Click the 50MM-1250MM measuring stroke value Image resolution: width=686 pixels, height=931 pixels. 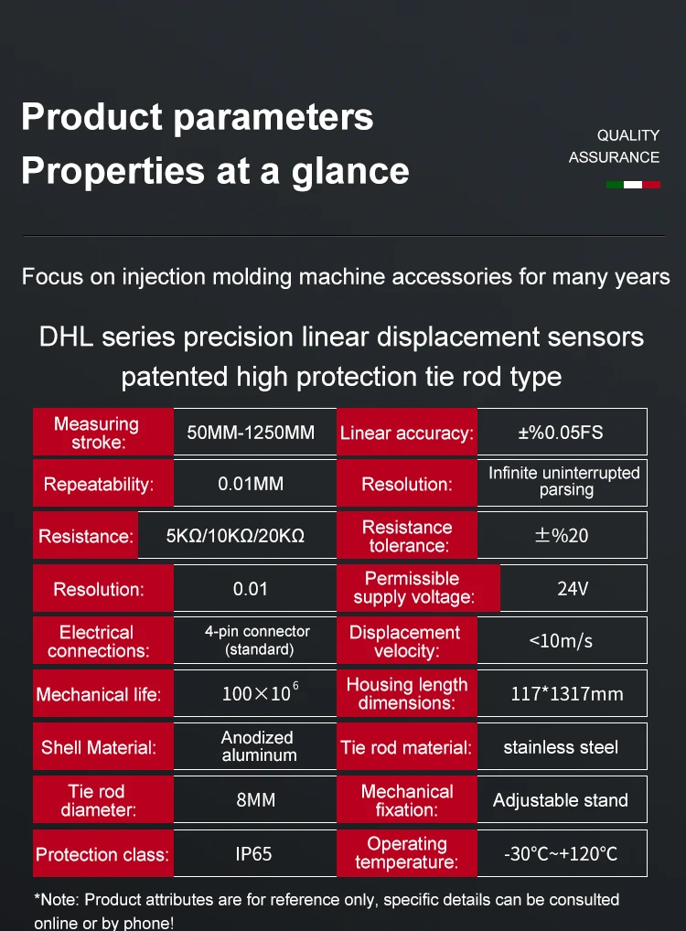click(x=251, y=433)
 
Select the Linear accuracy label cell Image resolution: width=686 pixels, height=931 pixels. click(x=407, y=433)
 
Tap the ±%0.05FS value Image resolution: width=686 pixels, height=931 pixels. click(x=561, y=433)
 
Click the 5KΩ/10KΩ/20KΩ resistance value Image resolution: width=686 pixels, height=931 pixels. click(x=236, y=536)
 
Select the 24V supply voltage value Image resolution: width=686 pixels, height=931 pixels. click(x=573, y=588)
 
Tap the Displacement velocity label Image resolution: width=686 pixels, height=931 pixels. click(x=405, y=641)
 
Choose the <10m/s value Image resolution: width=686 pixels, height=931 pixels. click(x=561, y=640)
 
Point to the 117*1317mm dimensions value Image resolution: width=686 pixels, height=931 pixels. click(x=566, y=693)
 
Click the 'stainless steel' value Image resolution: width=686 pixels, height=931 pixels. click(x=561, y=747)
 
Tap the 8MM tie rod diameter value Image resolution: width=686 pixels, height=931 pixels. click(x=255, y=800)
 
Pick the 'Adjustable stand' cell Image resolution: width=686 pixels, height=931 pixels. click(x=561, y=800)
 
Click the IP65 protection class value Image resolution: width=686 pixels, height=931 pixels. click(x=252, y=854)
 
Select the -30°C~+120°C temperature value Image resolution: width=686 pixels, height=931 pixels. click(x=561, y=854)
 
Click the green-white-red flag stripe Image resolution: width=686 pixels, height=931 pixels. click(x=633, y=185)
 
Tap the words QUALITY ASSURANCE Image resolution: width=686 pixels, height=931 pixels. click(x=614, y=146)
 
